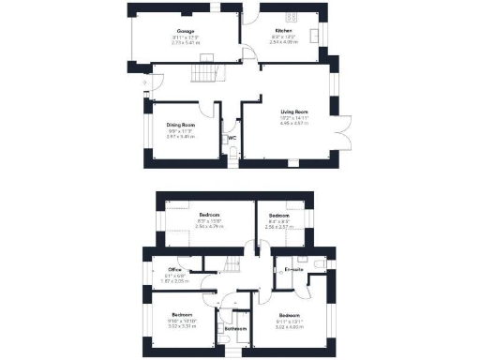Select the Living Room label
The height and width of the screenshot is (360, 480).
294,112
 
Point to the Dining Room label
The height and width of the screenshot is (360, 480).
180,125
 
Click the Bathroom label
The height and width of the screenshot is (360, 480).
235,328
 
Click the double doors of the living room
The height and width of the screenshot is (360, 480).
344,136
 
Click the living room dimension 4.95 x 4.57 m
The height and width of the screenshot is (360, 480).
294,124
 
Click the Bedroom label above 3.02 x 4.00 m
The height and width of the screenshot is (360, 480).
289,315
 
